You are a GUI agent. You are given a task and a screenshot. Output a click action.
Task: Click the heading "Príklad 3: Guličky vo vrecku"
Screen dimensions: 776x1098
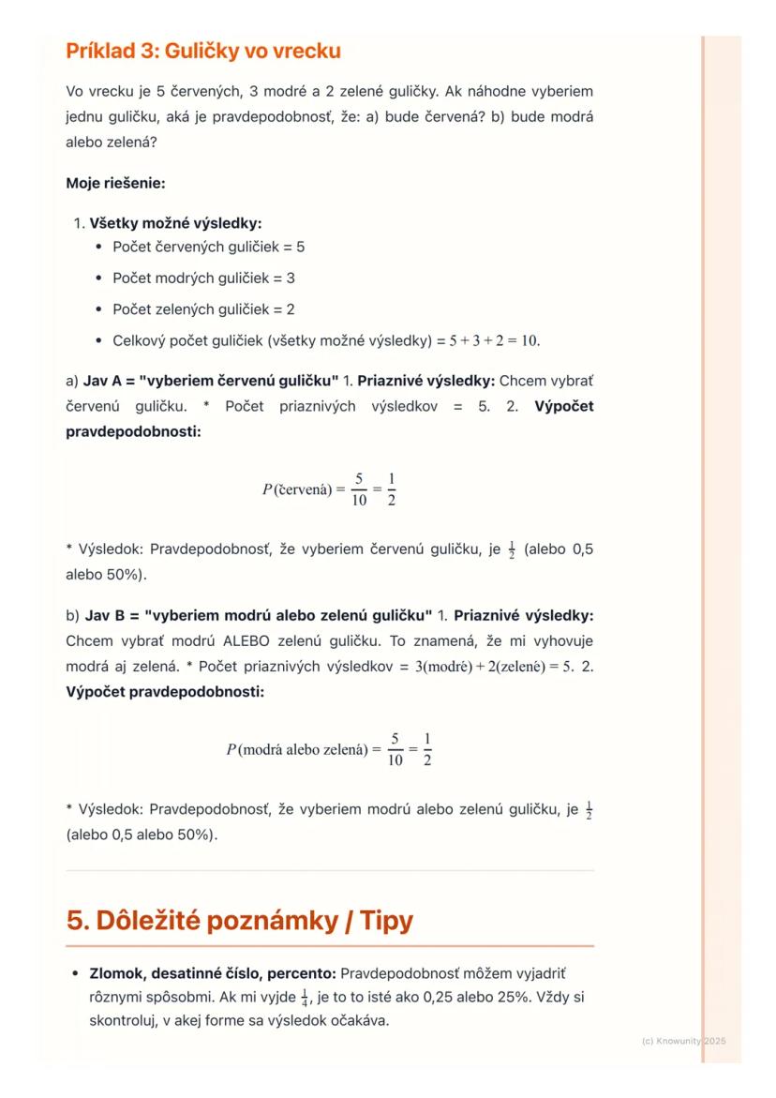pyautogui.click(x=202, y=53)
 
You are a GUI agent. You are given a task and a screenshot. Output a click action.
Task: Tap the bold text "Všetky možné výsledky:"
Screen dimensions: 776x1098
pyautogui.click(x=174, y=224)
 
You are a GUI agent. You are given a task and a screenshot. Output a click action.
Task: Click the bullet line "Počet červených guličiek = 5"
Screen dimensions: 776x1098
pyautogui.click(x=208, y=248)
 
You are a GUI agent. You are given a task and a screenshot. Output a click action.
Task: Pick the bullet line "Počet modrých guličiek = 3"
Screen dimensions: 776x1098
pyautogui.click(x=203, y=278)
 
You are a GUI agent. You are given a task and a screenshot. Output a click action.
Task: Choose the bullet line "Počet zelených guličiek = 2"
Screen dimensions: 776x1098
pyautogui.click(x=204, y=309)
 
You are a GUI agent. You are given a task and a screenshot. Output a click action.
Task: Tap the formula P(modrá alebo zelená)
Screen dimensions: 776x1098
pyautogui.click(x=329, y=749)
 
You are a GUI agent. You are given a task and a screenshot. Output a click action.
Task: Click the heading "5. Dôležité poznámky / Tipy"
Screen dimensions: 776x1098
pyautogui.click(x=239, y=921)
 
